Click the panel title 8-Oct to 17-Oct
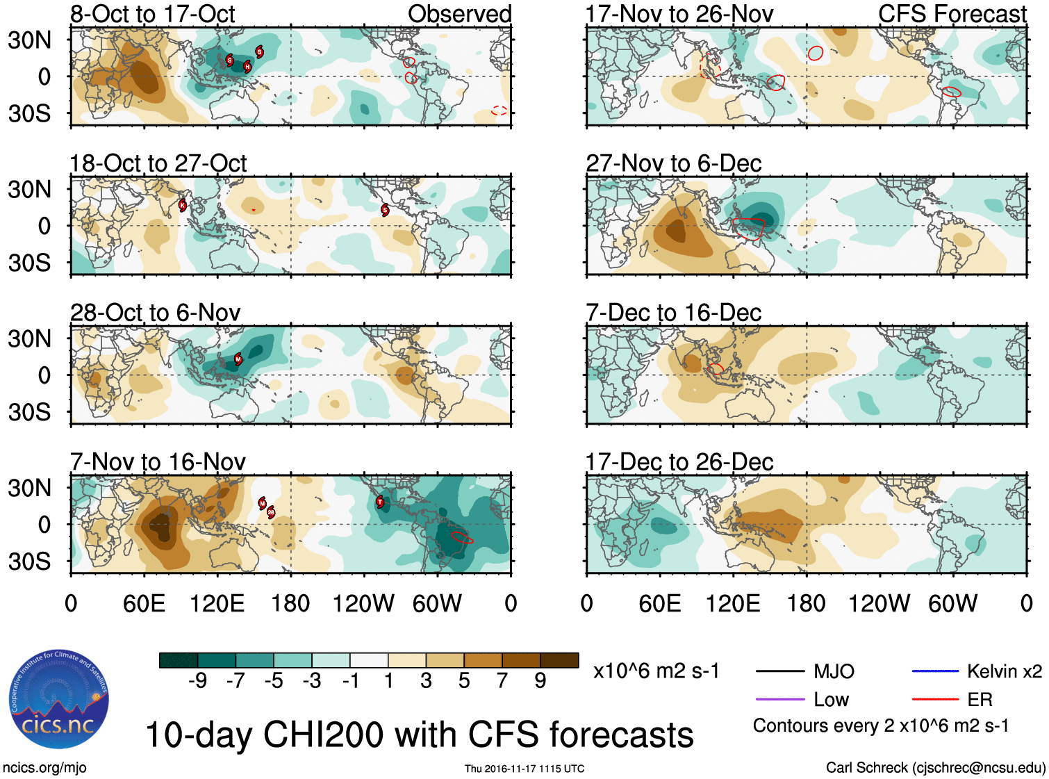coord(153,14)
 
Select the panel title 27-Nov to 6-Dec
coord(673,163)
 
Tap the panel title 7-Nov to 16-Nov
coord(158,461)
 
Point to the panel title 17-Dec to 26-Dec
coord(679,461)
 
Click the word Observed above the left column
coord(459,14)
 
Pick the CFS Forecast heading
coord(952,14)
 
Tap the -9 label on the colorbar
coord(197,681)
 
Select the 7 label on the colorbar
coord(502,681)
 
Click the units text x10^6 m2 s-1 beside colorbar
coord(656,671)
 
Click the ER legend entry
coord(980,700)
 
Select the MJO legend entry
coord(834,671)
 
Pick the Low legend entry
coord(831,700)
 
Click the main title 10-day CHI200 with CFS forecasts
coord(419,735)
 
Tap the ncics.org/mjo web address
coord(44,768)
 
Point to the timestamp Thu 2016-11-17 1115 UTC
coord(524,769)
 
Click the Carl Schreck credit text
coord(935,768)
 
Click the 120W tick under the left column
coord(363,603)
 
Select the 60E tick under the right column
coord(659,603)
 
